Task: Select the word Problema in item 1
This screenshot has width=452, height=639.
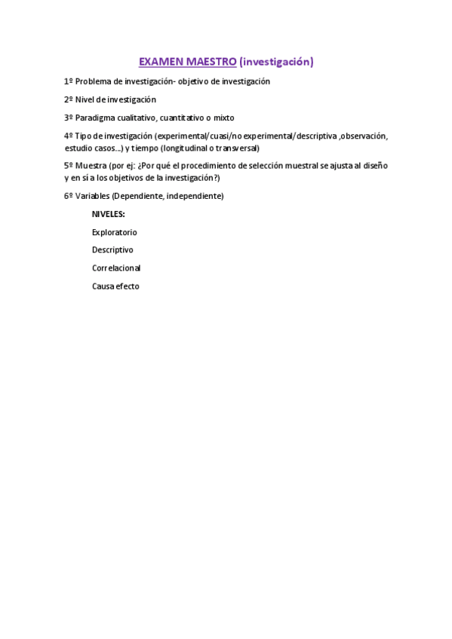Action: click(x=94, y=81)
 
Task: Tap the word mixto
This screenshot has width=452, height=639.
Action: click(x=225, y=118)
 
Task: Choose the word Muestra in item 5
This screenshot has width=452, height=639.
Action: click(x=91, y=165)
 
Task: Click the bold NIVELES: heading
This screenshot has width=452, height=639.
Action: click(x=109, y=214)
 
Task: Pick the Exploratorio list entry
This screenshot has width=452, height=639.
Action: click(x=115, y=232)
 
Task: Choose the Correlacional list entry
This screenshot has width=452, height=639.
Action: click(x=116, y=268)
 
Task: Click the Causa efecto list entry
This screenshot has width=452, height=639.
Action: click(x=115, y=286)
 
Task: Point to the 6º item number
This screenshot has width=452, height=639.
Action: click(x=68, y=196)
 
